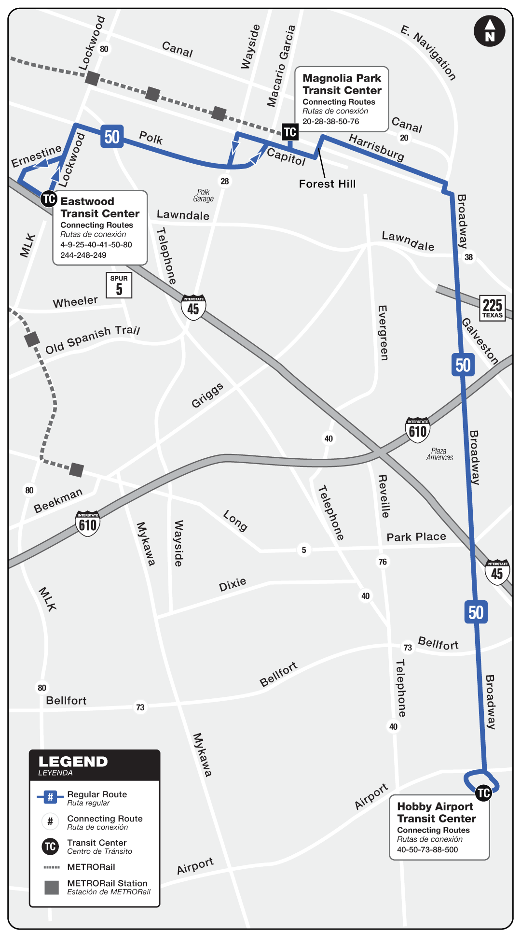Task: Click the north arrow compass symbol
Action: [x=490, y=31]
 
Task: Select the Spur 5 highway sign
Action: [x=119, y=285]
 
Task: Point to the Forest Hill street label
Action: [x=327, y=184]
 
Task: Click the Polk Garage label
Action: [x=204, y=196]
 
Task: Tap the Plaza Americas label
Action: [x=439, y=454]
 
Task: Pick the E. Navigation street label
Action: [x=428, y=53]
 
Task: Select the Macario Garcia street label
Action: [x=281, y=66]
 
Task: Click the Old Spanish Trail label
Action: [x=92, y=339]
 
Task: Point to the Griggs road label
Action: [x=207, y=396]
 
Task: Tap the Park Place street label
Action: [x=416, y=537]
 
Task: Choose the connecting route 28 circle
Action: [x=225, y=181]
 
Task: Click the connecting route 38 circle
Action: [x=468, y=257]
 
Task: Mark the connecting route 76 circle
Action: [x=383, y=562]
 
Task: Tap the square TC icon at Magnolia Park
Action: [x=290, y=132]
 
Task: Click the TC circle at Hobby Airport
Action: [x=483, y=793]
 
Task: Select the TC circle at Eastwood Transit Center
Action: [x=49, y=198]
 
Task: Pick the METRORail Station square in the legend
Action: [x=52, y=887]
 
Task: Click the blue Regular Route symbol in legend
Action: [x=50, y=797]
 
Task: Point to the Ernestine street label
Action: [x=37, y=156]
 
